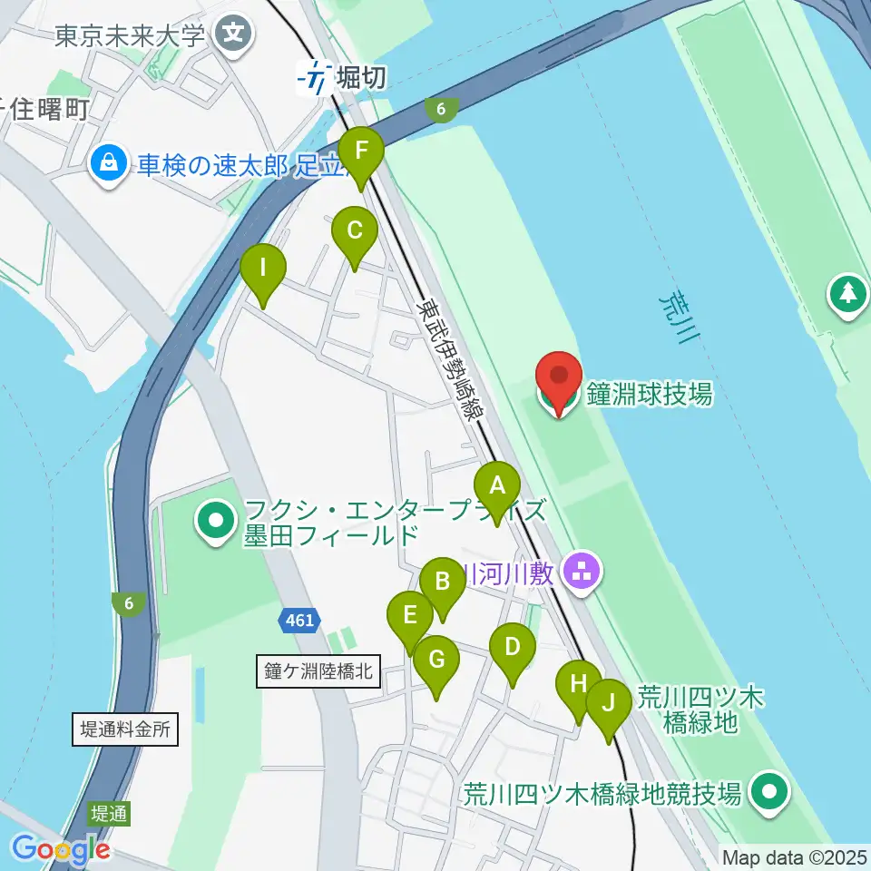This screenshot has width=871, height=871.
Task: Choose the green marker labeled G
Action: click(436, 664)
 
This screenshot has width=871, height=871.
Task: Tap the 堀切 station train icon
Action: click(315, 78)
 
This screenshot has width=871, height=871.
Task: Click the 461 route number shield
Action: click(298, 621)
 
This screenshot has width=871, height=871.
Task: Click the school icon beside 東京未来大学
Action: click(234, 35)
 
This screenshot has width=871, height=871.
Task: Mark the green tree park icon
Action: click(848, 293)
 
